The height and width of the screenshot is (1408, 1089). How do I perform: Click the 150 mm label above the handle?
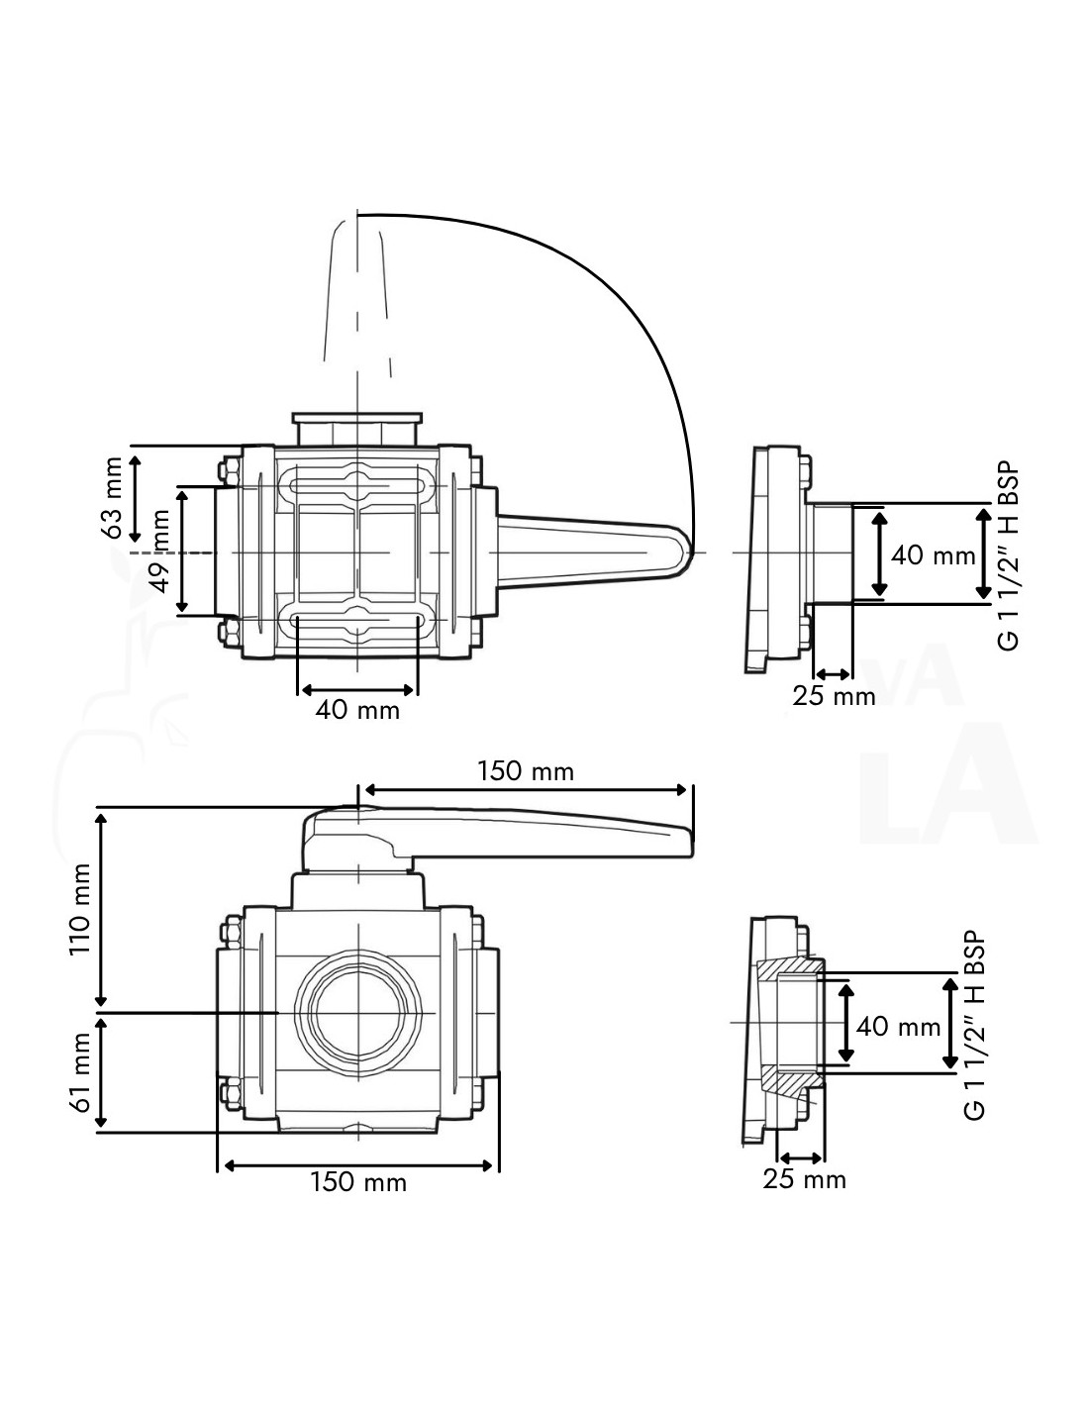526,770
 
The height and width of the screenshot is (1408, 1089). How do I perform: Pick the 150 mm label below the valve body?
358,1182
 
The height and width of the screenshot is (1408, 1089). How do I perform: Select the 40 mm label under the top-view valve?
357,710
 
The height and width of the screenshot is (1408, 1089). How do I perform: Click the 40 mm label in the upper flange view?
933,554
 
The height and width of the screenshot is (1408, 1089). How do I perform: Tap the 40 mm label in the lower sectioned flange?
898,1027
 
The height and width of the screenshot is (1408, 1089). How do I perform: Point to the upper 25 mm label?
834,696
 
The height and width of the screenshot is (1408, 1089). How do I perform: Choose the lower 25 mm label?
804,1179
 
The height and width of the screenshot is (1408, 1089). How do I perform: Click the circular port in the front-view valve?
356,1013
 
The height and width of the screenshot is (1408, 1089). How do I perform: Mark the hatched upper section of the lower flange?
792,965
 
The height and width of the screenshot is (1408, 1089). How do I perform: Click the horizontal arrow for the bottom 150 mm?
358,1164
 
